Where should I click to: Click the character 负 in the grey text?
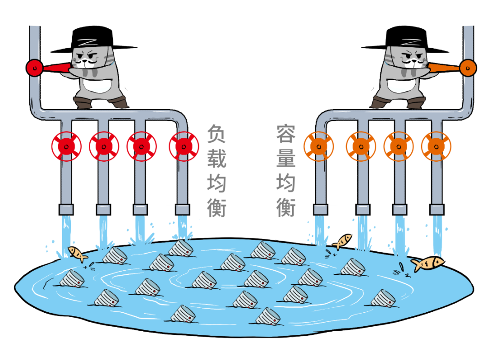click(216, 134)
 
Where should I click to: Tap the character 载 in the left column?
click(216, 159)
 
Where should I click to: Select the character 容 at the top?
click(286, 134)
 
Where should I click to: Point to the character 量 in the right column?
click(286, 159)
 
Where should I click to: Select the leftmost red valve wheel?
click(66, 146)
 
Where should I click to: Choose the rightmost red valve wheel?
click(184, 146)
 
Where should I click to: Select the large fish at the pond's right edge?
click(427, 263)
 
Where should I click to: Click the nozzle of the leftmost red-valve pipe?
click(66, 210)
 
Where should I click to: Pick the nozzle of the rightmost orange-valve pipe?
click(436, 210)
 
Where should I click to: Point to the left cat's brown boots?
click(101, 103)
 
